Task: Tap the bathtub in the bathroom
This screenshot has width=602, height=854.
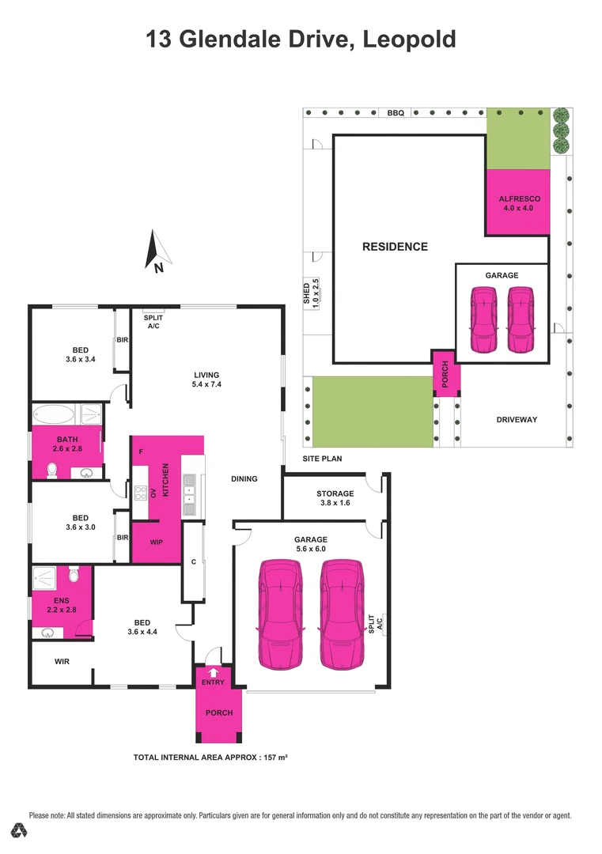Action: pos(54,414)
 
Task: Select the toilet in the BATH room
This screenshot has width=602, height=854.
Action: pos(52,470)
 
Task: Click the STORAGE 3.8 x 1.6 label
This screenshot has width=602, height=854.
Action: pos(335,498)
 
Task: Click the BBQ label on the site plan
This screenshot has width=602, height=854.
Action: pos(396,113)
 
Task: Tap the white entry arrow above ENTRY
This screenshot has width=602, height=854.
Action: pos(212,672)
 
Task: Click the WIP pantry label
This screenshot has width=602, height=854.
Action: pos(157,543)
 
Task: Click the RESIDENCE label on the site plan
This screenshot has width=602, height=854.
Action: pos(395,247)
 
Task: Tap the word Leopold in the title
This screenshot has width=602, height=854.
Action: pos(409,39)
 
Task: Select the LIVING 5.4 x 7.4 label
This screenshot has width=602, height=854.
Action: pos(206,380)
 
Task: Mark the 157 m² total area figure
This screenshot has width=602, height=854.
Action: pos(273,758)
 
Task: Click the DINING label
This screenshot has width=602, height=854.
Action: pos(244,479)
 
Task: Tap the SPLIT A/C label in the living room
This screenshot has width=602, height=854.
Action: pos(153,321)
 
